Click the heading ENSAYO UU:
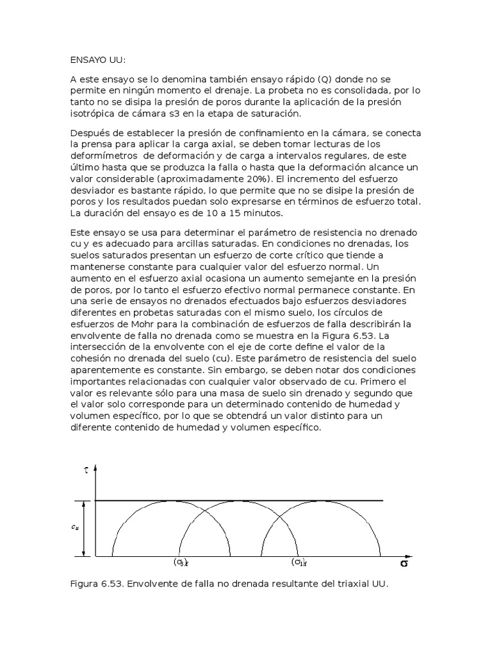[x=97, y=60]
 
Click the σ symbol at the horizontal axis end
[x=404, y=563]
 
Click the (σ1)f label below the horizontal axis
[x=298, y=563]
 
